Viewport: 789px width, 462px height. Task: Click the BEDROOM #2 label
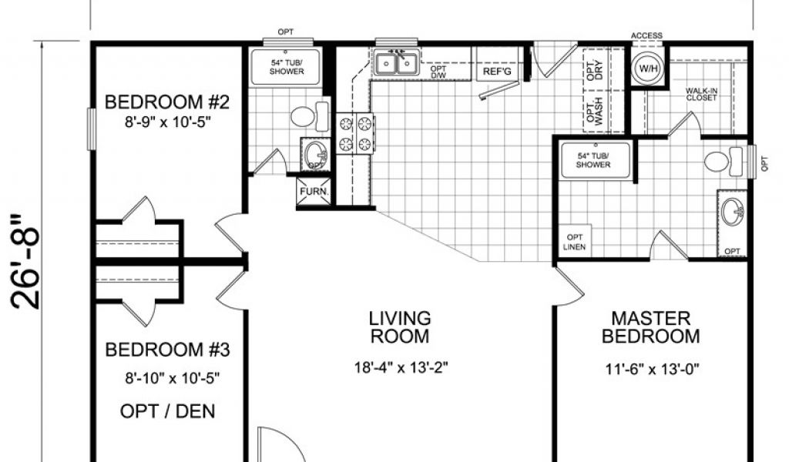(166, 102)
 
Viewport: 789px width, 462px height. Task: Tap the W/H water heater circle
(646, 68)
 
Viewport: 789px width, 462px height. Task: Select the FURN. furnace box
(314, 192)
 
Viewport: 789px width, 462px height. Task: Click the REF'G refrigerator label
(497, 72)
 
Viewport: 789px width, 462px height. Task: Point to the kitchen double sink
(397, 63)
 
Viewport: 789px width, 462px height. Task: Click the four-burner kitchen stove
(355, 133)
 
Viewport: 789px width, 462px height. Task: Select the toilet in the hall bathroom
(310, 116)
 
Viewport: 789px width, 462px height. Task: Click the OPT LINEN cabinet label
(575, 242)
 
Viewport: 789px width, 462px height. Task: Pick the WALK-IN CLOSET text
(701, 94)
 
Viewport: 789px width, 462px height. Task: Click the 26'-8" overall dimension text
(25, 261)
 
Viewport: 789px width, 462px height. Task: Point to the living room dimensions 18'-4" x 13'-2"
(401, 367)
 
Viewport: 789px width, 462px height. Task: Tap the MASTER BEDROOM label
(650, 326)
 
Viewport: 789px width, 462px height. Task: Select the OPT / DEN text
(167, 411)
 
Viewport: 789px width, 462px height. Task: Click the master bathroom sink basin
(733, 213)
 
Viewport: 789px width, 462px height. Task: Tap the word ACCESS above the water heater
(646, 35)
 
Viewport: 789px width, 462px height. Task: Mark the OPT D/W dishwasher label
(438, 72)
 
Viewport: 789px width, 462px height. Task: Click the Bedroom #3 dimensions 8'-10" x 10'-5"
(172, 377)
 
